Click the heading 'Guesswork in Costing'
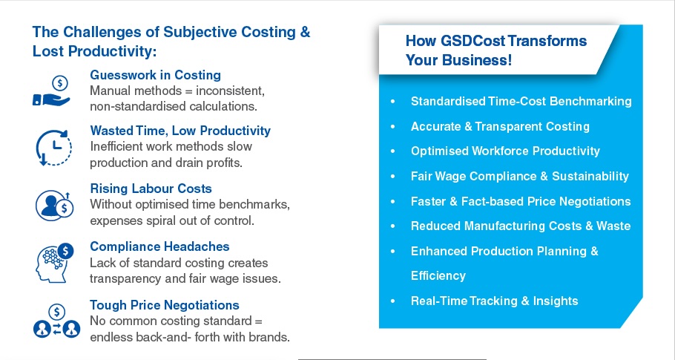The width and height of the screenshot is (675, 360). click(x=156, y=75)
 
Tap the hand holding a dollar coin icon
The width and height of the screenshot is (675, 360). click(x=52, y=91)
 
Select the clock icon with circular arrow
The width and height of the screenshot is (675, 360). click(x=53, y=148)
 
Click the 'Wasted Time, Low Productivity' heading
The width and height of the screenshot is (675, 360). click(x=180, y=131)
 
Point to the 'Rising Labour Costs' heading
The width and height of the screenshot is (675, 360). click(x=151, y=189)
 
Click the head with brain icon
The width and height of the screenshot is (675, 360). click(x=55, y=263)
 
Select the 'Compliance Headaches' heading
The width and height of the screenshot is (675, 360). click(x=159, y=246)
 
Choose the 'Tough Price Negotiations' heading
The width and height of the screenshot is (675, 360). click(x=165, y=305)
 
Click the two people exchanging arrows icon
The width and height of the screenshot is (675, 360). click(x=56, y=321)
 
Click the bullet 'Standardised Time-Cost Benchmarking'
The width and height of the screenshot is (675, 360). click(x=521, y=101)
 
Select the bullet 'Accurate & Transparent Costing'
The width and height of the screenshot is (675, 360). click(x=500, y=126)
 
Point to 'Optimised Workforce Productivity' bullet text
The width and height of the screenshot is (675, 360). click(x=505, y=151)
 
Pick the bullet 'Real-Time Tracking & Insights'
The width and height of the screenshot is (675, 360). click(x=495, y=301)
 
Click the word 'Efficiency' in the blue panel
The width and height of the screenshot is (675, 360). click(x=438, y=275)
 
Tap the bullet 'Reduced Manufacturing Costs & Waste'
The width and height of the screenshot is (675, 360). click(x=521, y=226)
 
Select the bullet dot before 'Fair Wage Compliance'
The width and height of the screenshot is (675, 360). click(x=392, y=177)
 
